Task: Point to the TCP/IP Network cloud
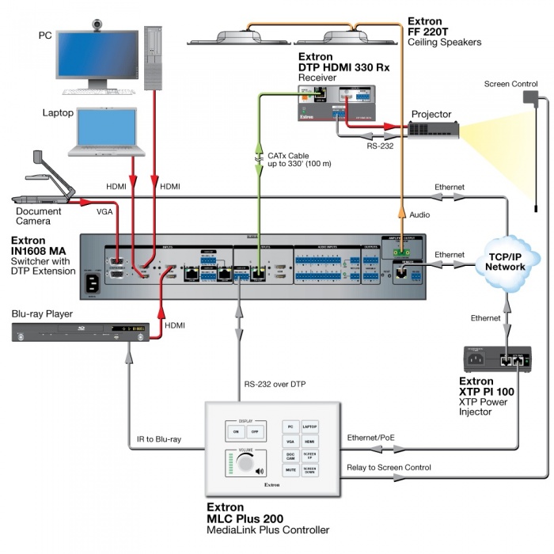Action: (x=506, y=260)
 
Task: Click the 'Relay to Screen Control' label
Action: (x=389, y=467)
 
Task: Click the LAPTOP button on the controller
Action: (x=310, y=426)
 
